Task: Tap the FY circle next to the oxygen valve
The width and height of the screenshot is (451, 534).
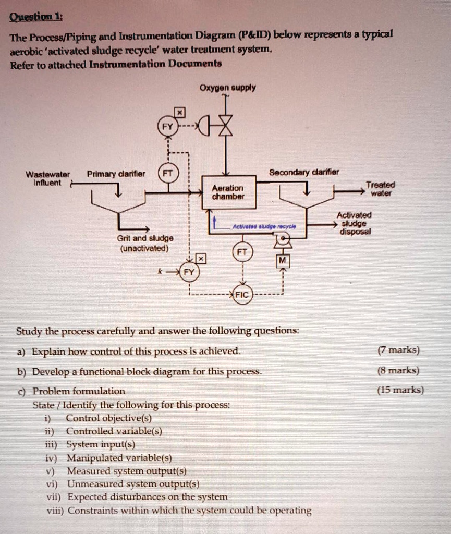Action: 167,127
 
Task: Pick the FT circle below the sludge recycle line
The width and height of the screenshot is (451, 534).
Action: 242,251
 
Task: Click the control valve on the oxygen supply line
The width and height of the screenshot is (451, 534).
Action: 225,127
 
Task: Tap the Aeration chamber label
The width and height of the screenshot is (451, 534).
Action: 227,192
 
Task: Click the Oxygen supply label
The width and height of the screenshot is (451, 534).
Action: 228,88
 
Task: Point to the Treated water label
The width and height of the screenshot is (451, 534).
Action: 380,189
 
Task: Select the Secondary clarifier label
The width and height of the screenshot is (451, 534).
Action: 304,173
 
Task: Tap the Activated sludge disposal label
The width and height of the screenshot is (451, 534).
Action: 354,223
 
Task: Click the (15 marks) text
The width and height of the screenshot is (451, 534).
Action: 400,390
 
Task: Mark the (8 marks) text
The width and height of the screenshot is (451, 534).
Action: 398,371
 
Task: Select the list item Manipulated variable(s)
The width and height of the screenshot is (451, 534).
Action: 119,458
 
